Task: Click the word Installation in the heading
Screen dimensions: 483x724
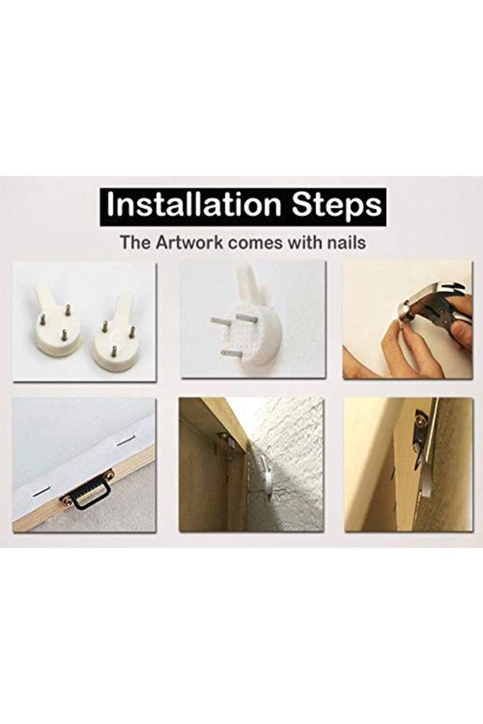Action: click(193, 206)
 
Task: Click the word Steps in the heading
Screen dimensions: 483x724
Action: click(337, 207)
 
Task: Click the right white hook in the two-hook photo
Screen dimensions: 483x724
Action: click(114, 342)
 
